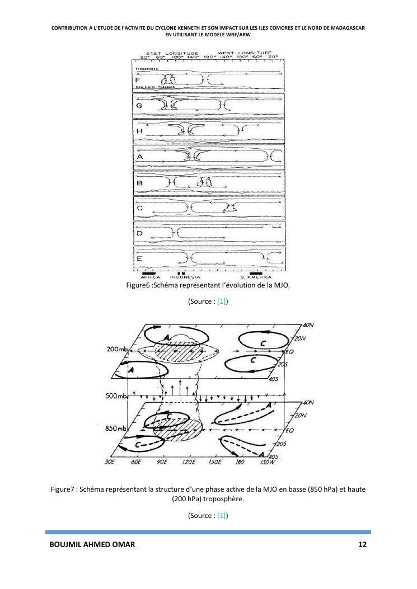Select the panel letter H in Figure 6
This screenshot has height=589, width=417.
pos(139,131)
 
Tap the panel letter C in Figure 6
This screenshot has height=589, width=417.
pos(139,208)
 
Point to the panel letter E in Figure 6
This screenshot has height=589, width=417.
pos(139,258)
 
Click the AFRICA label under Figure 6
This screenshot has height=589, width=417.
pos(150,277)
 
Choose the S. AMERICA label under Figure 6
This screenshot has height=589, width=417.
pos(256,277)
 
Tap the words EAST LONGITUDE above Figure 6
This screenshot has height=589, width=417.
pos(166,53)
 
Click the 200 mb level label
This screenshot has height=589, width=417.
pos(117,350)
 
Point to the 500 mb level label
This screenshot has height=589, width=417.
pos(117,397)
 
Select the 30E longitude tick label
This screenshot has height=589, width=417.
pos(109,463)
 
